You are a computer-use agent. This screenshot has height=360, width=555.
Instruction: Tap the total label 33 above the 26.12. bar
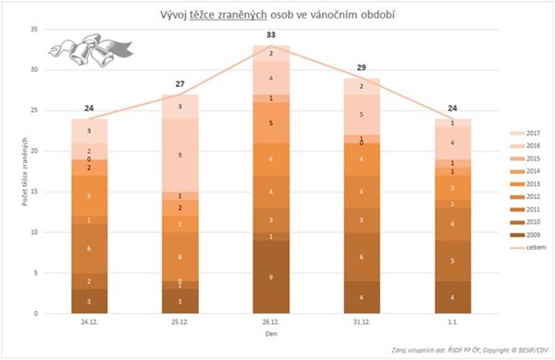click(x=270, y=35)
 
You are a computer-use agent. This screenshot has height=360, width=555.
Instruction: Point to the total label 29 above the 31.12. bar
click(x=360, y=68)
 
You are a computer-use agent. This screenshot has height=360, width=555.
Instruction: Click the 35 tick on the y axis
click(x=34, y=30)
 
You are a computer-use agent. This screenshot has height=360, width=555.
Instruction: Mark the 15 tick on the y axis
click(x=34, y=192)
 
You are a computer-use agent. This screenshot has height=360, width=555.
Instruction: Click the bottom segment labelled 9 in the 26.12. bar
click(x=270, y=277)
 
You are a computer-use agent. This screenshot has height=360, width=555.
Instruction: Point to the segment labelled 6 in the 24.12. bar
click(x=90, y=249)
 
